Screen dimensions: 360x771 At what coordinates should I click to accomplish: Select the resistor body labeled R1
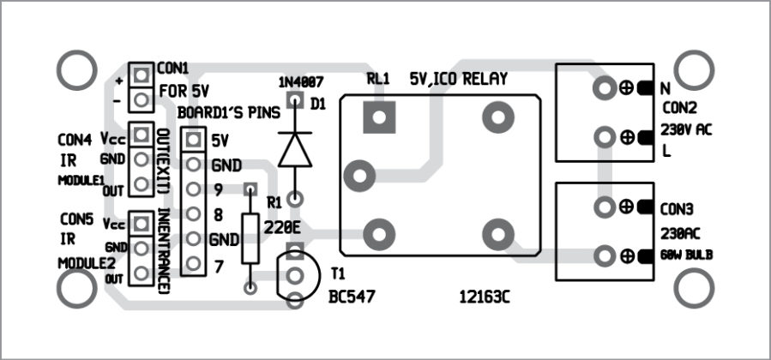[250, 238]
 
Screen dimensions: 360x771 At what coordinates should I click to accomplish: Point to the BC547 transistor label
[353, 297]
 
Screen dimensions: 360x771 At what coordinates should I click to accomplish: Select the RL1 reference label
[377, 79]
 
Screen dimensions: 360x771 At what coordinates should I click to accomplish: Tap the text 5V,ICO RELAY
[459, 79]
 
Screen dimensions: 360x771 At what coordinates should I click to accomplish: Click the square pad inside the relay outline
[377, 117]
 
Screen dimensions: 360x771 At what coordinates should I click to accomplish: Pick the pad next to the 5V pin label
[193, 140]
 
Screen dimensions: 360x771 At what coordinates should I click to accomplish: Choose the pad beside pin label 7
[193, 264]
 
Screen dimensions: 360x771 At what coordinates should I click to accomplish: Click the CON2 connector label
[680, 109]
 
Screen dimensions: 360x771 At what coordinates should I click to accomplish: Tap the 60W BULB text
[687, 255]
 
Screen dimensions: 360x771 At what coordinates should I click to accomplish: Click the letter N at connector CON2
[666, 87]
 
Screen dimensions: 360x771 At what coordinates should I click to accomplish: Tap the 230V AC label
[687, 130]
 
